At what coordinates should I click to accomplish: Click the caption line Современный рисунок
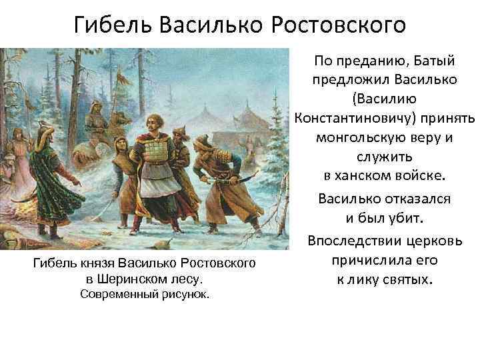[x=145, y=294]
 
